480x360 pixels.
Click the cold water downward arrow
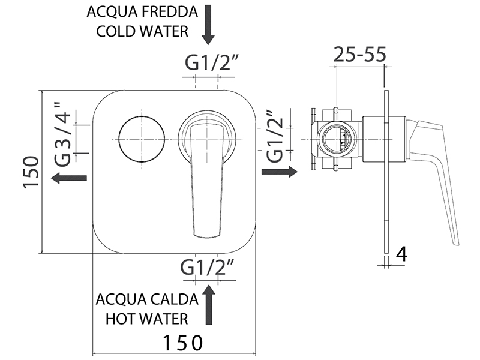point(208,25)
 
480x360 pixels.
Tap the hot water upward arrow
point(208,305)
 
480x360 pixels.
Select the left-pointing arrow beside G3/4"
point(70,178)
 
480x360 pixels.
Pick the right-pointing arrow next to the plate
point(280,172)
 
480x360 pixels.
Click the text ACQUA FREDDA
point(142,12)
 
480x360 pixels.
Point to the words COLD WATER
point(142,31)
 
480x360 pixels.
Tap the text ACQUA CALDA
point(147,299)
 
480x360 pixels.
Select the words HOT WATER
point(147,319)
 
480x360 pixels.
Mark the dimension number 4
point(402,254)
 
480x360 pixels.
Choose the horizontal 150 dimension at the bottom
point(183,343)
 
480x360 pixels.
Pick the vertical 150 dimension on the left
point(31,172)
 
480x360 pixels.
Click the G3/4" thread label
point(64,132)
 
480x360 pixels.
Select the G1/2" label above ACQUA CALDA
point(207,266)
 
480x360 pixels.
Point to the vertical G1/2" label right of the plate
point(275,136)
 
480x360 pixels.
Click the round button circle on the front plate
point(142,139)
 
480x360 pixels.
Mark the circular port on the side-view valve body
point(336,139)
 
